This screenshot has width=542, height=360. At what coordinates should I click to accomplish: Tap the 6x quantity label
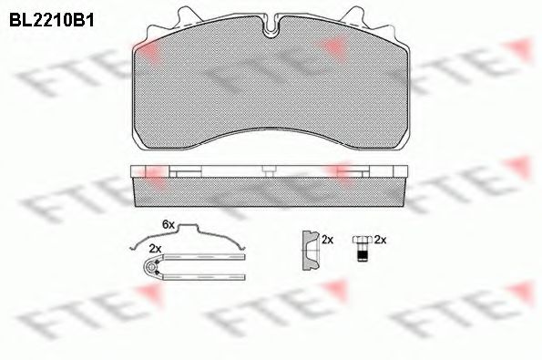pyautogui.click(x=168, y=223)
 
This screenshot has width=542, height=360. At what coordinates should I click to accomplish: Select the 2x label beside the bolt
pyautogui.click(x=382, y=240)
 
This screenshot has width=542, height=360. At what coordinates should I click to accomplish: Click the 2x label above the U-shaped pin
pyautogui.click(x=155, y=249)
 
